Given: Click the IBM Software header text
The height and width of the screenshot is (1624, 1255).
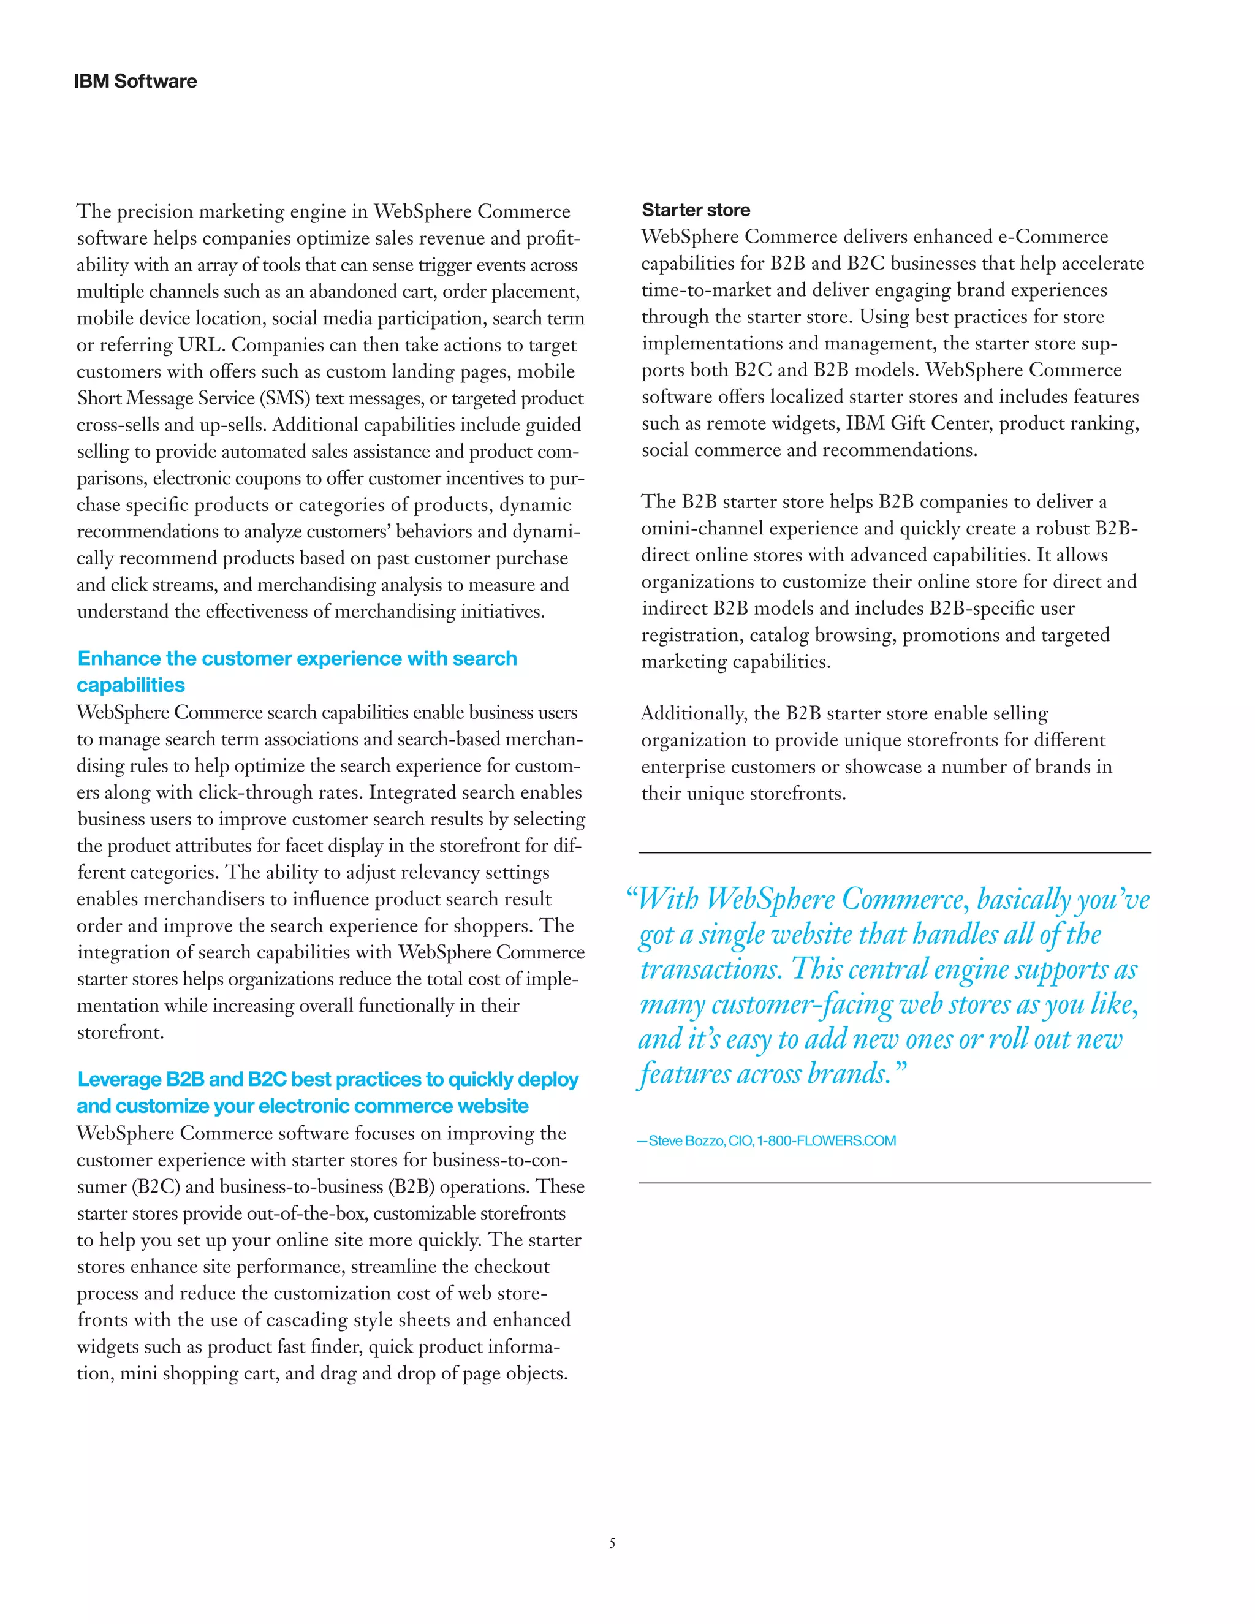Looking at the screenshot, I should (x=135, y=81).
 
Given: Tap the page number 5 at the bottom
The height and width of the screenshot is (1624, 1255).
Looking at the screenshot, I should (x=612, y=1543).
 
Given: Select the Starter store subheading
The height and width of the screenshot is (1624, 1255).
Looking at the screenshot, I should (x=696, y=210).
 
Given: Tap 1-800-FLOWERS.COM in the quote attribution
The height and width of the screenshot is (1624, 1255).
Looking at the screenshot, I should (x=826, y=1140).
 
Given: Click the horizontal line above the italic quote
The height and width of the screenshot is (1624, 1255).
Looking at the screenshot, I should (x=895, y=853).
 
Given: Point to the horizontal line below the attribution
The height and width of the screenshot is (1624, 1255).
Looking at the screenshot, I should (x=895, y=1182).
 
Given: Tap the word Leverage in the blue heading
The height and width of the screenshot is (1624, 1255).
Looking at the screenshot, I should (x=119, y=1080).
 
